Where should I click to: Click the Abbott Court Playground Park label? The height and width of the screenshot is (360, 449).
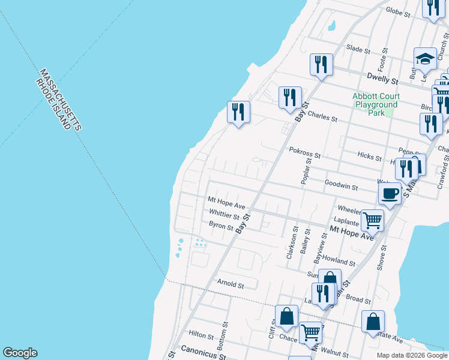point(377,104)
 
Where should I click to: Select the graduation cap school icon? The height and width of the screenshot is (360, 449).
point(425,59)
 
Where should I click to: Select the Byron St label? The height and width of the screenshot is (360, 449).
point(220,225)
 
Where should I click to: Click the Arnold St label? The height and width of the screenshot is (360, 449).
point(231,285)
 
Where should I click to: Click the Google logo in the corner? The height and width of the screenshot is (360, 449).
point(20,353)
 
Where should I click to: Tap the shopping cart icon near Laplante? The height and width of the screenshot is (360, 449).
point(372,220)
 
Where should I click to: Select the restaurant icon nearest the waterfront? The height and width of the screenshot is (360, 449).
point(238,112)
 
